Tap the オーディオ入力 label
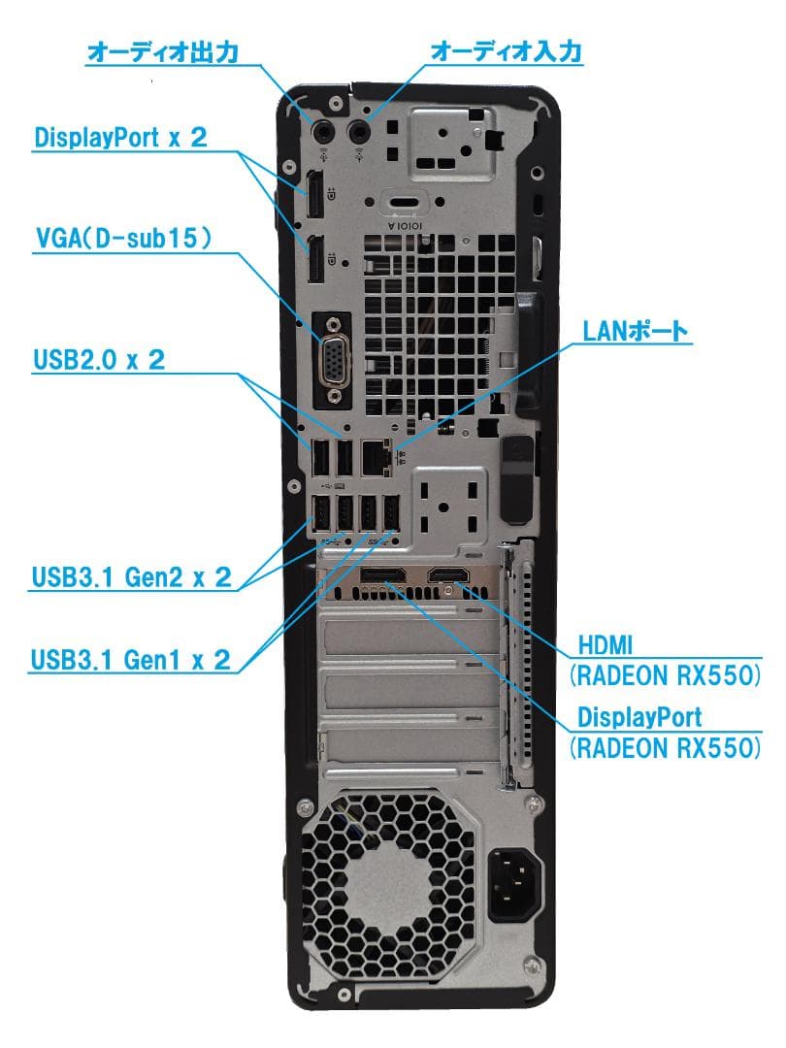506,51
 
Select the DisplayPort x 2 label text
121,137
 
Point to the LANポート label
635,332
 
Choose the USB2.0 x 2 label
99,360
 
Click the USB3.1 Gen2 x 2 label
132,577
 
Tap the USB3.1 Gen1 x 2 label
132,661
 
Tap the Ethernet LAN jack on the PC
376,456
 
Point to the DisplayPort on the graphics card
381,579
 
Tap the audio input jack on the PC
361,129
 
